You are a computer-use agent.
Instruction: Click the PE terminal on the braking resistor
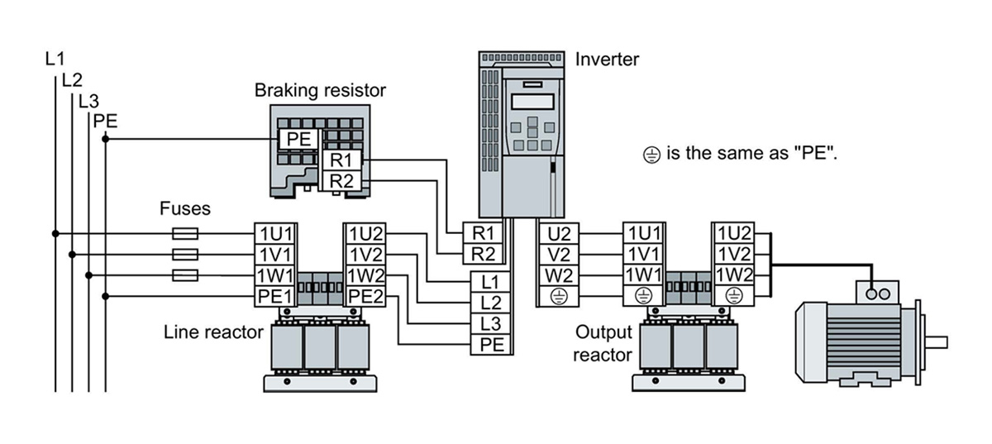tap(298, 139)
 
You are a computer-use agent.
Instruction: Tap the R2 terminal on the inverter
tap(483, 253)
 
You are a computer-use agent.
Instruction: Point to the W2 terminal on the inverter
tap(560, 275)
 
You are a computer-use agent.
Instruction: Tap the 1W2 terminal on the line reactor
tap(365, 275)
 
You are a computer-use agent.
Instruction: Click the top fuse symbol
tap(184, 233)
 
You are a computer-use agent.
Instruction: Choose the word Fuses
tap(185, 208)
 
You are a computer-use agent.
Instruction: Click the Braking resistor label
tap(320, 90)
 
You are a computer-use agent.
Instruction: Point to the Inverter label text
tap(607, 60)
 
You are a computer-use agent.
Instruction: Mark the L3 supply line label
tap(88, 102)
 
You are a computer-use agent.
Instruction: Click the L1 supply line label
tap(55, 59)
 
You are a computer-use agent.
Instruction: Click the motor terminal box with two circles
tap(876, 294)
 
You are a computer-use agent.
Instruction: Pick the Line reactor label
tap(213, 332)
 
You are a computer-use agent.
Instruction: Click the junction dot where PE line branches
tap(105, 139)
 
